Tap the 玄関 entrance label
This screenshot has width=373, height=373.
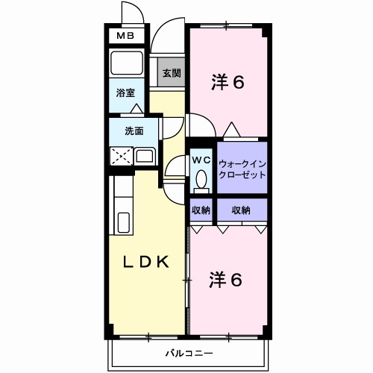tap(171, 73)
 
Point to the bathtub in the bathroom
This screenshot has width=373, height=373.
tap(126, 63)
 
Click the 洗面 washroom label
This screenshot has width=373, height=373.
tap(134, 131)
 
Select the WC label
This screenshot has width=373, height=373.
tap(201, 160)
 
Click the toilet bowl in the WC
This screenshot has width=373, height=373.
tap(201, 180)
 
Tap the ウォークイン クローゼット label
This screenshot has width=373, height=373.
tap(242, 168)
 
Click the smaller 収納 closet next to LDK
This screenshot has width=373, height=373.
tap(201, 210)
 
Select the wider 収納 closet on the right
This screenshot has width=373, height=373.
tap(240, 210)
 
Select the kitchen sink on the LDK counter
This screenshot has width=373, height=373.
tap(124, 222)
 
